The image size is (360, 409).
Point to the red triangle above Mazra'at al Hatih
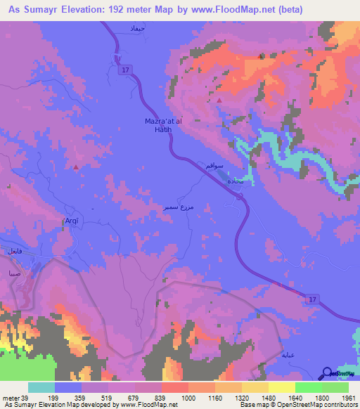[219, 100]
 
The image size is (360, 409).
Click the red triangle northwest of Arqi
[76, 167]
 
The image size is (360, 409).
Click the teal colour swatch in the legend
[41, 387]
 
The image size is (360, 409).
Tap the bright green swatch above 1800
[308, 387]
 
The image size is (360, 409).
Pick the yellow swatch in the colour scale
[281, 387]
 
